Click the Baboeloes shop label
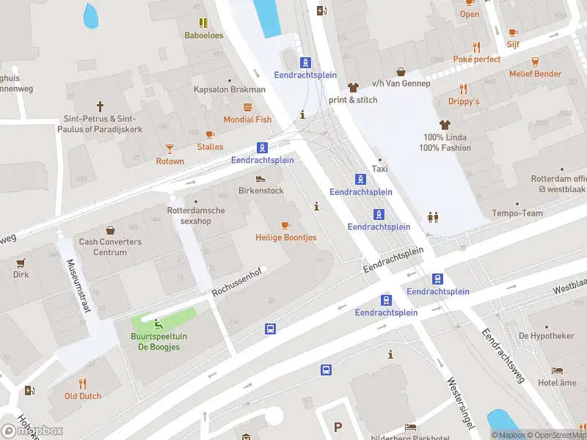(x=203, y=34)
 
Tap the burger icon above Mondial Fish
(x=247, y=106)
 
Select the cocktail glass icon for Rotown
(x=169, y=148)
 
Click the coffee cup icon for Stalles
(x=210, y=134)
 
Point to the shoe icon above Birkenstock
(x=260, y=178)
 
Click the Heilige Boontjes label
(x=285, y=238)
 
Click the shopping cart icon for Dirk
(x=21, y=263)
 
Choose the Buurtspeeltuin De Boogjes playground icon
(x=159, y=323)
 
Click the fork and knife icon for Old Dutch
(x=82, y=383)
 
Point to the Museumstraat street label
(x=79, y=286)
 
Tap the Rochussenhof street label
(x=236, y=281)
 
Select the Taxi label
(x=379, y=169)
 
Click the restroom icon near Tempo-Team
(x=433, y=217)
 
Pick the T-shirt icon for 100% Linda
(x=445, y=125)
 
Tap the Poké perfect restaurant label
(x=476, y=59)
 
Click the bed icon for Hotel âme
(x=557, y=370)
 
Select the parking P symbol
(x=338, y=427)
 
